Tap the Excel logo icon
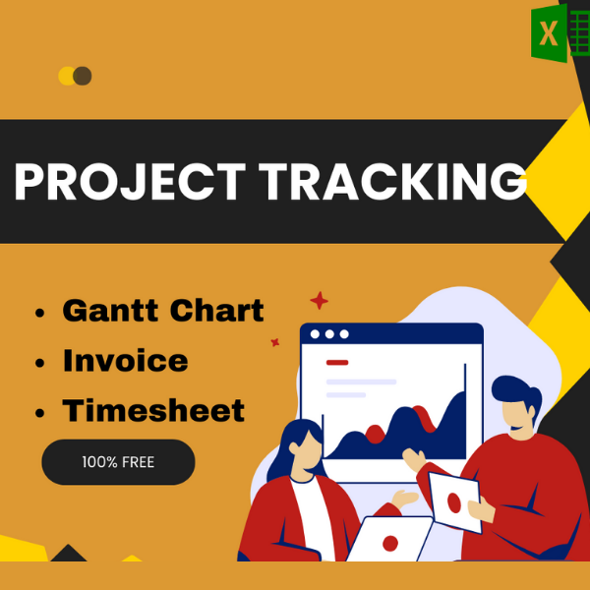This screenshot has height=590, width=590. (x=552, y=33)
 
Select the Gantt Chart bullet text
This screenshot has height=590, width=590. (x=163, y=311)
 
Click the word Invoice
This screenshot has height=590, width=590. (x=125, y=361)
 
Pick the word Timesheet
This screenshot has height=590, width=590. (x=153, y=410)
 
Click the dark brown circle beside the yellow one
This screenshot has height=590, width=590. (x=83, y=76)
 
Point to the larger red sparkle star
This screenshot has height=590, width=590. (x=319, y=301)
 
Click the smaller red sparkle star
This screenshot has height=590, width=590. (x=275, y=342)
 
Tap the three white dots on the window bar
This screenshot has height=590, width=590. (x=329, y=334)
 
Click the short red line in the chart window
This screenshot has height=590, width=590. (x=337, y=362)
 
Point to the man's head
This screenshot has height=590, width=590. (x=512, y=408)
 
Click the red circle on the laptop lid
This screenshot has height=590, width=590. (x=390, y=543)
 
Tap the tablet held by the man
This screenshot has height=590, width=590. (x=454, y=501)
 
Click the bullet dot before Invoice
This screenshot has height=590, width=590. (x=39, y=363)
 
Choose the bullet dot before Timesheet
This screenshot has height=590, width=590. (x=39, y=412)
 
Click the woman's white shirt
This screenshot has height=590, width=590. (x=308, y=511)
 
